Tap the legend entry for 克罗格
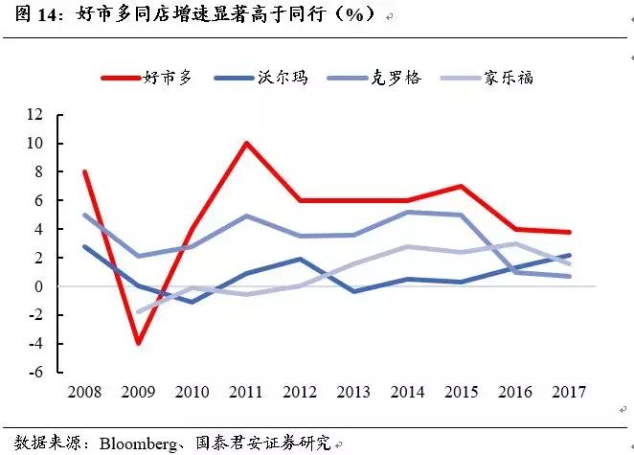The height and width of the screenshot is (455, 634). (392, 78)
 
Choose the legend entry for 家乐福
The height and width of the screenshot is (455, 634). (507, 78)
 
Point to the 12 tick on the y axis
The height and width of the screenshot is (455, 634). (63, 115)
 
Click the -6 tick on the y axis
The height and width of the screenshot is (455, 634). (63, 373)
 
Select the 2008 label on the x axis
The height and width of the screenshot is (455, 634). (85, 393)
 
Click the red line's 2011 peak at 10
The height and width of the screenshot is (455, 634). (247, 144)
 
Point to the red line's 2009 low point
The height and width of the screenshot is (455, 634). (139, 343)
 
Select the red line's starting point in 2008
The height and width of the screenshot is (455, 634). (85, 172)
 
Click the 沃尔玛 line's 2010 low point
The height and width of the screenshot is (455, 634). (192, 302)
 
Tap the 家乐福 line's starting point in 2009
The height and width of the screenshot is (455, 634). (139, 312)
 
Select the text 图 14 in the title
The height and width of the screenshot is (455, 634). (29, 16)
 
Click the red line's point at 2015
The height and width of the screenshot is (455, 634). (463, 186)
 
